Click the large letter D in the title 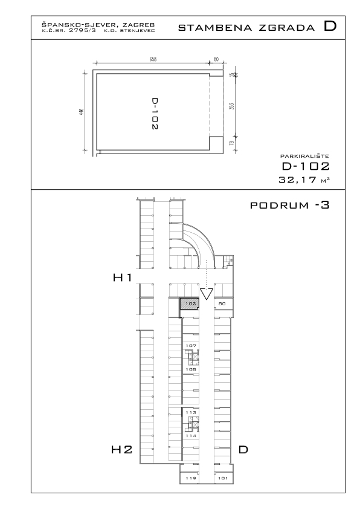330,26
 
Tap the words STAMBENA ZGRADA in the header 246,28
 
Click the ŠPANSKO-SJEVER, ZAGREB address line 98,25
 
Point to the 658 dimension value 153,59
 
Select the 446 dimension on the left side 82,112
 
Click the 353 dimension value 231,106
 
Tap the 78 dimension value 231,143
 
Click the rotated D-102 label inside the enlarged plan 155,114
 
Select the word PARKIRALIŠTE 304,156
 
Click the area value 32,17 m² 304,180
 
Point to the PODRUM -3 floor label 290,205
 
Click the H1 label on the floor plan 122,277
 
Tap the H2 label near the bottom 122,450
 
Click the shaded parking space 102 190,304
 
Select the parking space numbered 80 222,304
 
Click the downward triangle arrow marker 207,293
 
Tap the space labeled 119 191,478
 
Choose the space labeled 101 223,478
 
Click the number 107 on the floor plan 191,346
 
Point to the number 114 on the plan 191,436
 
